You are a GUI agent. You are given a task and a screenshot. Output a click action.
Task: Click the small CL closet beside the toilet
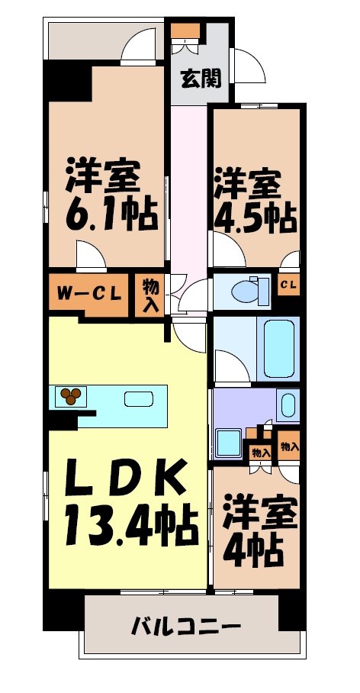pos(288,285)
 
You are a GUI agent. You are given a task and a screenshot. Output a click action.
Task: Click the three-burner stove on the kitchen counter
pos(72,395)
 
